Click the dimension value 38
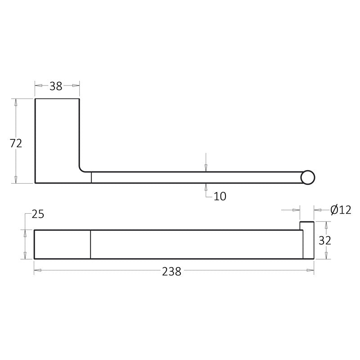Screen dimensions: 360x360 tap(56, 86)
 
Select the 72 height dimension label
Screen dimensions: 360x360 tap(16, 143)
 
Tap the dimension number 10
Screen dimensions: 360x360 tap(220, 196)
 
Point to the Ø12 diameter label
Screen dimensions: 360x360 tap(341, 210)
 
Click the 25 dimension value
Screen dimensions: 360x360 tap(38, 214)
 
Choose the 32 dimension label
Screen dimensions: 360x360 tap(325, 241)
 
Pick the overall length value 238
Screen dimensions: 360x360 tap(171, 272)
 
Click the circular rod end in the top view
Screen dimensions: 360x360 tap(308, 177)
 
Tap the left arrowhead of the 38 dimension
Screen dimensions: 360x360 tap(38, 85)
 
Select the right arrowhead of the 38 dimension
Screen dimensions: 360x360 tap(76, 85)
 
